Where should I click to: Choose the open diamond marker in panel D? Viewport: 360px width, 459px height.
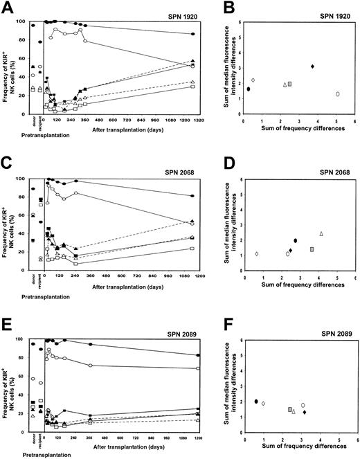click(x=257, y=254)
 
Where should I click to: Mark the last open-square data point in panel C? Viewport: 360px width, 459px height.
click(x=192, y=249)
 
